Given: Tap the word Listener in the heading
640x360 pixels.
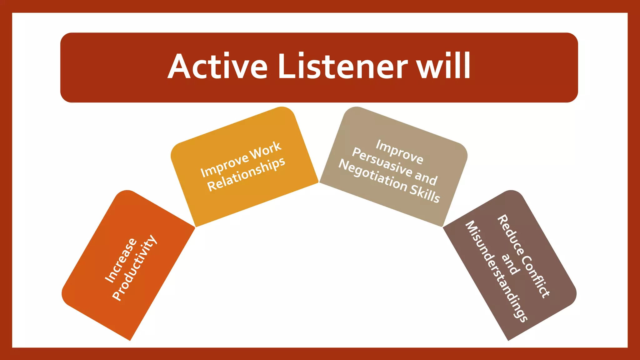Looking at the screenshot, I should tap(342, 67).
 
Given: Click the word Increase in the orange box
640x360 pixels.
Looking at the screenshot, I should tap(121, 260).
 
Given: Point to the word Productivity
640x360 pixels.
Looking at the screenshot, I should tap(135, 268).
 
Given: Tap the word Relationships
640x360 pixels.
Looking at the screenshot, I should tap(246, 174).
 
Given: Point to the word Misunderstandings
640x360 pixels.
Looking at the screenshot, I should tap(496, 271).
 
